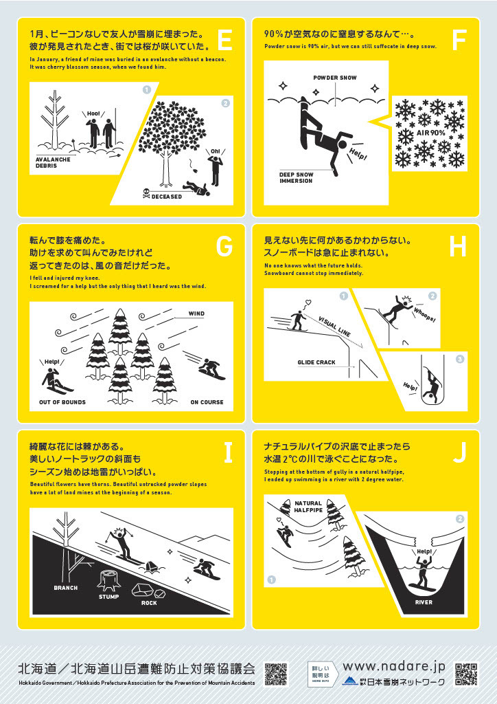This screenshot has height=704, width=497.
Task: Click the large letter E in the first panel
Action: (224, 41)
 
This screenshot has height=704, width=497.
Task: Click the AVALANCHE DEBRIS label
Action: (53, 162)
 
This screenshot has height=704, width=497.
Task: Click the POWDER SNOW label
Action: (335, 78)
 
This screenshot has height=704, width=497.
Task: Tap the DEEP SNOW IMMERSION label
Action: (296, 177)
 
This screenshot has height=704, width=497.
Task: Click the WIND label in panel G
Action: (196, 313)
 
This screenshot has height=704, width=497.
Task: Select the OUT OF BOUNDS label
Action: (62, 402)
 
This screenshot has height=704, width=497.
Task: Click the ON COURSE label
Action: (207, 402)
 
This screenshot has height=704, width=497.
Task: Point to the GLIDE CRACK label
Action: (316, 362)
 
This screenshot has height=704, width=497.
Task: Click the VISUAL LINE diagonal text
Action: (334, 326)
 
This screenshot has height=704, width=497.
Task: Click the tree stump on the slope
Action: (110, 580)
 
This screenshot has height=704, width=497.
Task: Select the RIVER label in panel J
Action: (424, 602)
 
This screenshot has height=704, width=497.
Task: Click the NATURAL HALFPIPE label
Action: (308, 507)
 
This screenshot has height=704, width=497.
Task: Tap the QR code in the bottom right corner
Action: (465, 674)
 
